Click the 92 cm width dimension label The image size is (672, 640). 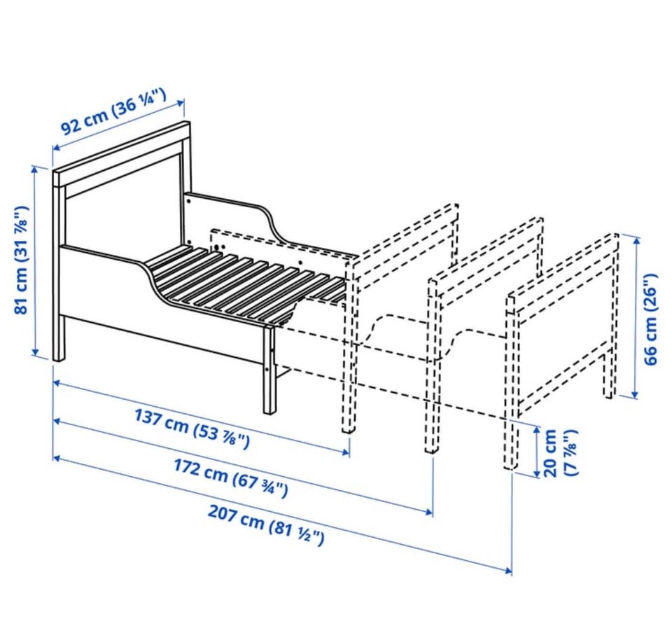click(113, 111)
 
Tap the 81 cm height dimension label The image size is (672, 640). click(22, 260)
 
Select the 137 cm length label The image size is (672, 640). click(192, 429)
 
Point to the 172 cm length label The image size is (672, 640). click(230, 477)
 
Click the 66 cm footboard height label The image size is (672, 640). click(650, 319)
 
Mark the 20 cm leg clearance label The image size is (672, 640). click(560, 452)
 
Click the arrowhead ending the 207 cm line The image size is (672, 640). click(508, 571)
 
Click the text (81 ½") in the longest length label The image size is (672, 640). click(297, 534)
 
